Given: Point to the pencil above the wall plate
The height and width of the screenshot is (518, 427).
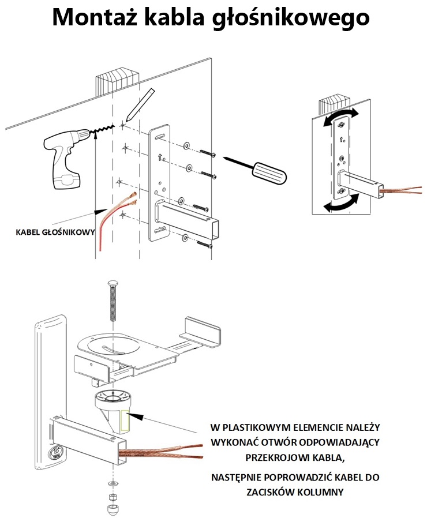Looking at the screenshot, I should [139, 106].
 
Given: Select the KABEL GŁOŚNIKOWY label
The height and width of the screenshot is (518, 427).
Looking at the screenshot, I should [55, 233].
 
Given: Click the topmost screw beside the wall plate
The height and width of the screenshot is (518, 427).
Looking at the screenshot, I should [207, 153].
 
